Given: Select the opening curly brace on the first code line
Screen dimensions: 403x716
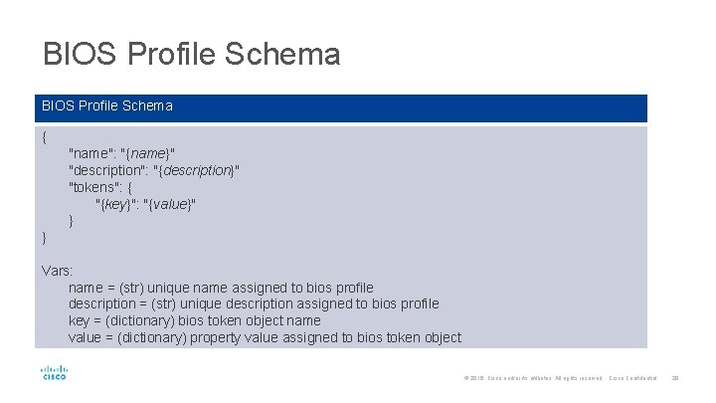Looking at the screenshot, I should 45,136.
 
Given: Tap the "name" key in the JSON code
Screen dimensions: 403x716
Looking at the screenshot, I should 89,153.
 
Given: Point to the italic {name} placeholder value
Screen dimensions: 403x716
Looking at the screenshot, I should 148,153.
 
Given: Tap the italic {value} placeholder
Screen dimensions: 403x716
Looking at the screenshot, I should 169,204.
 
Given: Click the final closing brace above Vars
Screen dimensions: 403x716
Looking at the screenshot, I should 45,237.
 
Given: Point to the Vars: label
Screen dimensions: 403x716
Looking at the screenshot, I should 58,271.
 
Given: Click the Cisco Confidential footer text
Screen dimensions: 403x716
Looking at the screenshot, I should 632,378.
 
